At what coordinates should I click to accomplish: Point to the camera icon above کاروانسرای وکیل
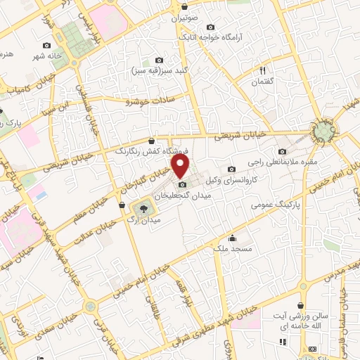click(x=232, y=169)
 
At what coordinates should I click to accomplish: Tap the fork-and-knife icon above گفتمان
click(x=263, y=70)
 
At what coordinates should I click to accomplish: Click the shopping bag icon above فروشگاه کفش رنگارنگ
click(x=152, y=141)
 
